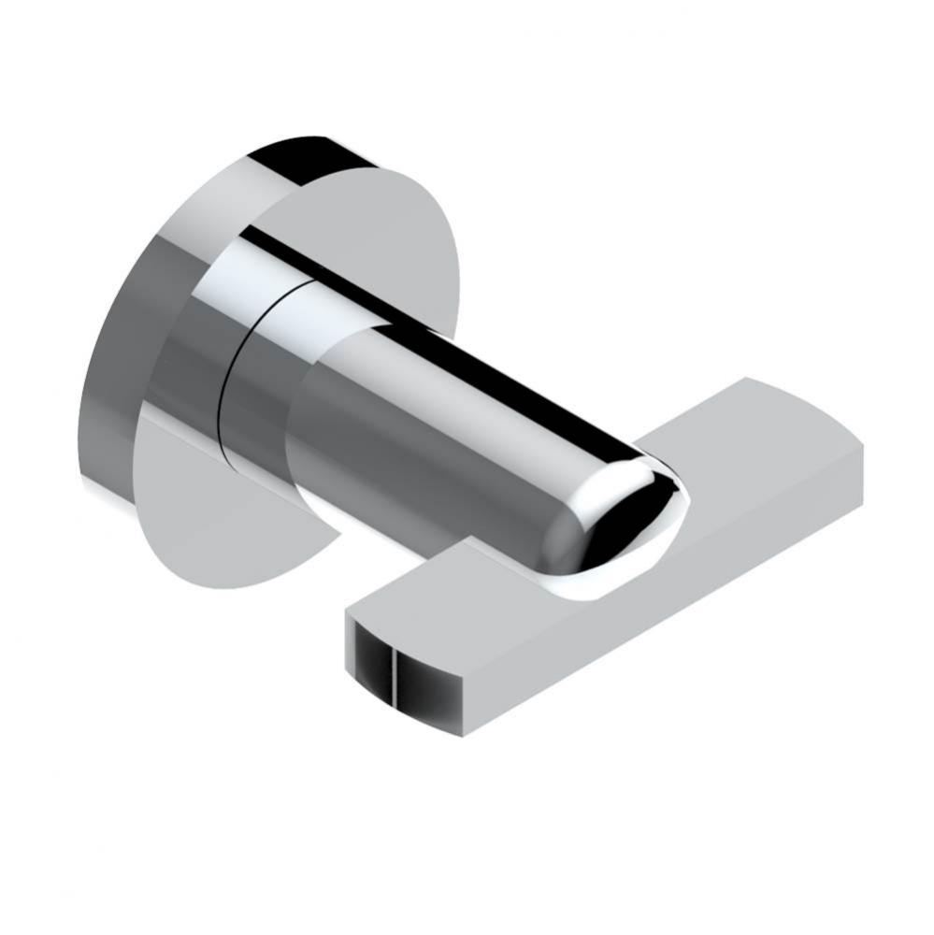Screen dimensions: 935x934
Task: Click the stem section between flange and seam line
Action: tap(187, 374)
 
